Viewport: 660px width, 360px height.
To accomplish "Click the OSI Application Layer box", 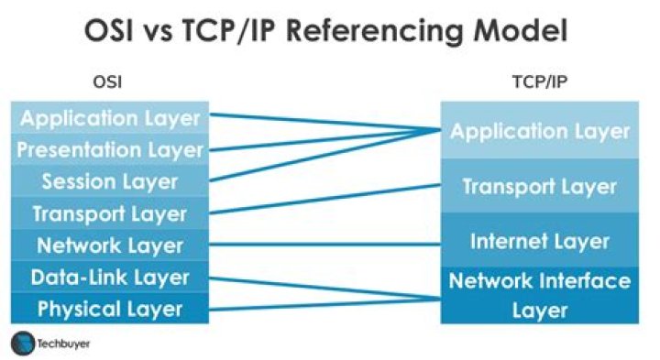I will coord(110,117).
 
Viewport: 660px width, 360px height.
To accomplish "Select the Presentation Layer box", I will coord(110,148).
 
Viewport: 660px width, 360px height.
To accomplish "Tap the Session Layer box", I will coord(110,180).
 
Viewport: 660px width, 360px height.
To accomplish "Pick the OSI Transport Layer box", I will coord(110,213).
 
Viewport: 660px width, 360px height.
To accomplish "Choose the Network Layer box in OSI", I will coord(110,245).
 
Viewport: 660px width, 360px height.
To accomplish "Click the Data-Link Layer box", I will coord(110,276).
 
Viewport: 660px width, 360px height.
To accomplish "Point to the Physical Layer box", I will coord(110,308).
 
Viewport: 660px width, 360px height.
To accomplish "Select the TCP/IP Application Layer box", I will coord(539,131).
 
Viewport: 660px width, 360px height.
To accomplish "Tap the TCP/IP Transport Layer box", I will coord(539,186).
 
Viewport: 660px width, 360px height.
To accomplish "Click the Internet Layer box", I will coord(539,241).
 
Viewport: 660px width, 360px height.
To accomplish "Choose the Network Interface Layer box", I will coord(539,294).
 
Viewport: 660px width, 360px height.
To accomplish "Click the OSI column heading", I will coord(107,82).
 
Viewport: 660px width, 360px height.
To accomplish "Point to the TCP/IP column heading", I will coord(537,82).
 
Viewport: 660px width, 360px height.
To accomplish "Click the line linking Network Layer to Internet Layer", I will coord(325,244).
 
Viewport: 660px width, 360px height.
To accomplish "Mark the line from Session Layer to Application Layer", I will coord(321,157).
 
